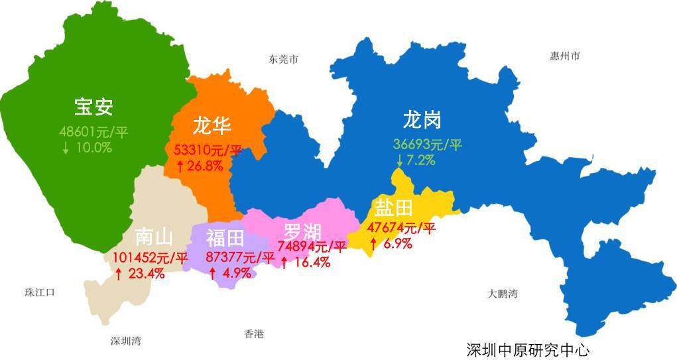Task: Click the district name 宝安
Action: click(93, 107)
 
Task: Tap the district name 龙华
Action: click(212, 125)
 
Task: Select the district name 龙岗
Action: click(422, 120)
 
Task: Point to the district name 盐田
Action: click(394, 208)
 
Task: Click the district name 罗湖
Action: click(302, 232)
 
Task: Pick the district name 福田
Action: click(225, 237)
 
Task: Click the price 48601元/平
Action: click(93, 132)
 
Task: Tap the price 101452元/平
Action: click(151, 257)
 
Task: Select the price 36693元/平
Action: click(428, 145)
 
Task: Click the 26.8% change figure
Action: click(205, 166)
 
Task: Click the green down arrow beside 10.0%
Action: click(66, 148)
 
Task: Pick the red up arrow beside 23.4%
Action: click(119, 273)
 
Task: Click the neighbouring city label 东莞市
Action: click(283, 59)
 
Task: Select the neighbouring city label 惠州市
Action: click(565, 56)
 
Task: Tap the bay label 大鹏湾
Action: click(502, 293)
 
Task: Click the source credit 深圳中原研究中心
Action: click(527, 349)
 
